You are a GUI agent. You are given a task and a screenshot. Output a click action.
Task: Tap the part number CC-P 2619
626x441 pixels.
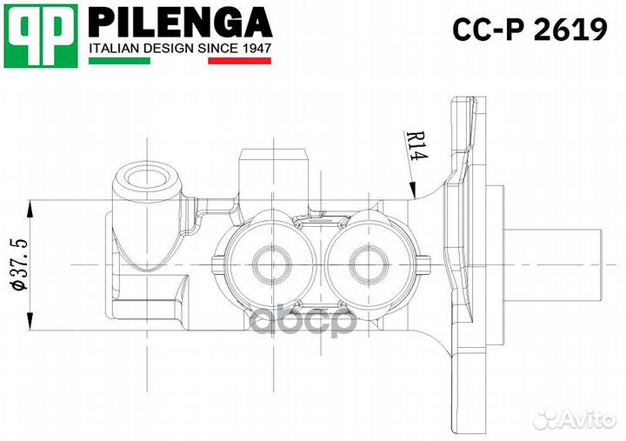pos(529,30)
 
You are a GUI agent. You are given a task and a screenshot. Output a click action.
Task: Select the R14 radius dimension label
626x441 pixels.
pos(416,145)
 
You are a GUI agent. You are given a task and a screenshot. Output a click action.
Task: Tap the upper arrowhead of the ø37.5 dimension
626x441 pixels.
pos(31,206)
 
